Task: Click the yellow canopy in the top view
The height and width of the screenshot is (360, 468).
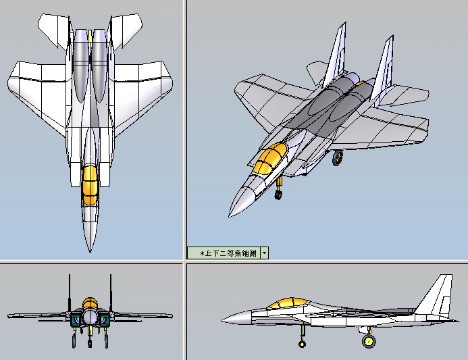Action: tap(90, 185)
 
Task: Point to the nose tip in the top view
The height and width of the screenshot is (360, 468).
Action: tap(90, 252)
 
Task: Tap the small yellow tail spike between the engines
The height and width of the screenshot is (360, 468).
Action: tap(90, 35)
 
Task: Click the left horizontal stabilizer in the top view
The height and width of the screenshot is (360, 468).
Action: tap(55, 30)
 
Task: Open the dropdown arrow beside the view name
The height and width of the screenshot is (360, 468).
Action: tap(265, 253)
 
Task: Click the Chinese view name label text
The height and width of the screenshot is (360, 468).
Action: tap(228, 253)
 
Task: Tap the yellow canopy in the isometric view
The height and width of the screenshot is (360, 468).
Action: tap(270, 158)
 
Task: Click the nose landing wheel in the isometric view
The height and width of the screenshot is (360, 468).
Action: tap(278, 195)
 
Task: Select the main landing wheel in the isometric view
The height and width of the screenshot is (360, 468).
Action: tap(338, 158)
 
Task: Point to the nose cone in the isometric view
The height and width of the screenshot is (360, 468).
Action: tap(242, 201)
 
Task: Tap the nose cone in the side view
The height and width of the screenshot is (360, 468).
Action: tap(236, 318)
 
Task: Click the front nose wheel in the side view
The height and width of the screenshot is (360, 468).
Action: tap(302, 344)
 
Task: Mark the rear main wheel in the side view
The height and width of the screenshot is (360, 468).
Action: tap(369, 340)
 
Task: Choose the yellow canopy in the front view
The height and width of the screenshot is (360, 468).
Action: tap(90, 303)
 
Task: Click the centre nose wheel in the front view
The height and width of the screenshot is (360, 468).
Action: tap(90, 342)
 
